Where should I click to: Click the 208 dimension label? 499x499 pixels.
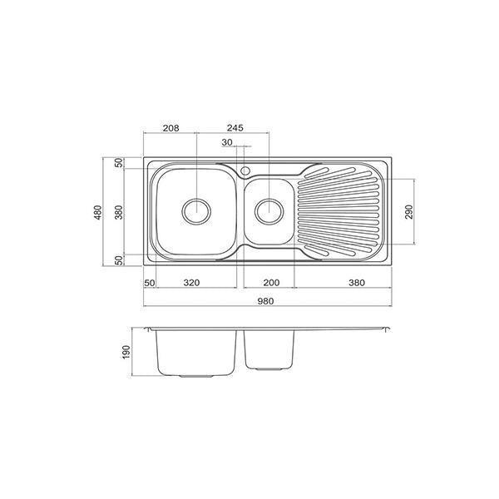(170, 128)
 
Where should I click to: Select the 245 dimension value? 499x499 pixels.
(234, 128)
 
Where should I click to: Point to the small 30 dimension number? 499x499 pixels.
(226, 143)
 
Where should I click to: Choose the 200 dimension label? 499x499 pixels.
(264, 282)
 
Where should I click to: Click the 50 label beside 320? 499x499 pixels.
(150, 282)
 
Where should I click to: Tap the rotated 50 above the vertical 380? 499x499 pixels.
(118, 163)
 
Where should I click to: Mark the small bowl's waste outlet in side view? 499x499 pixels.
(269, 368)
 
